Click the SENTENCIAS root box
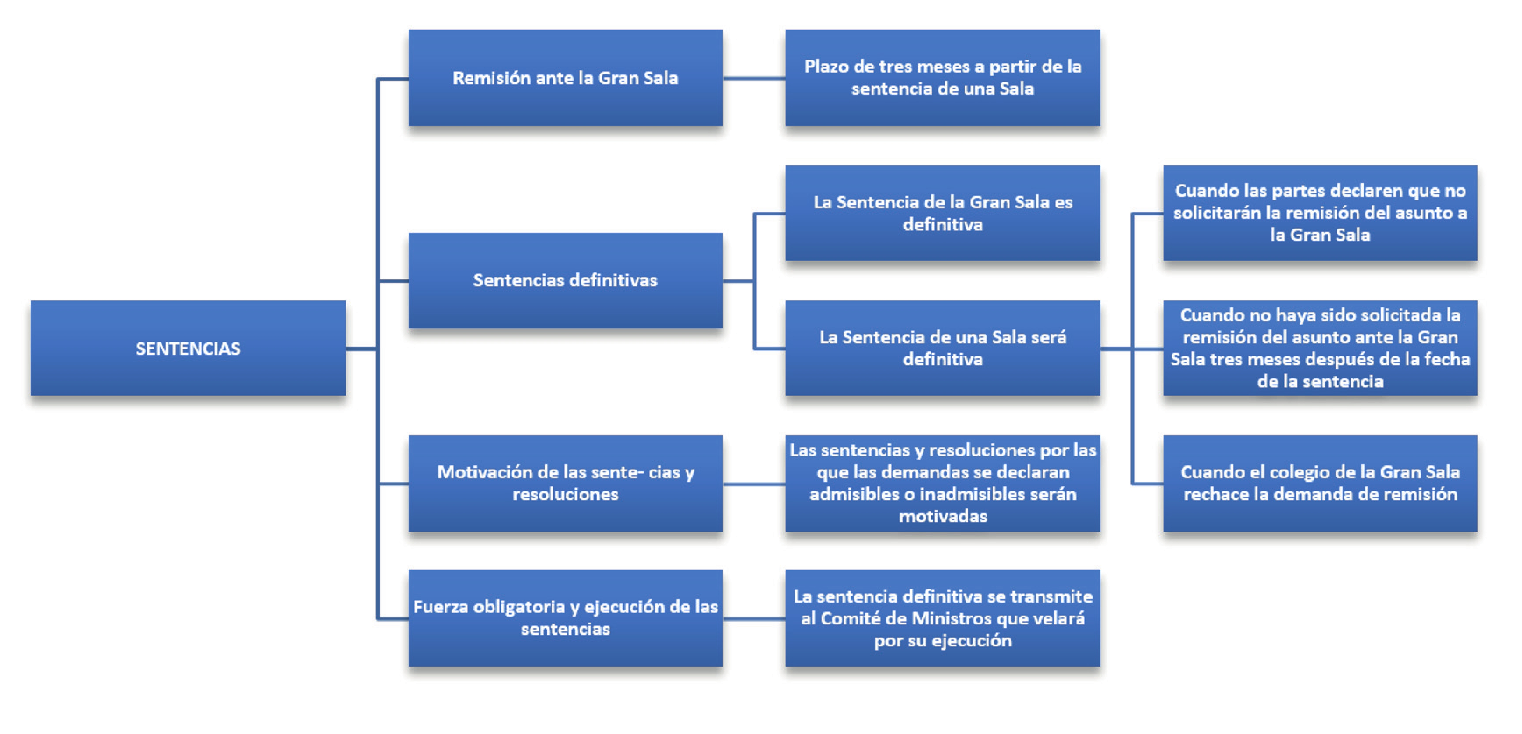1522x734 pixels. coord(188,348)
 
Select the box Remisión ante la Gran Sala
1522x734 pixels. coord(565,78)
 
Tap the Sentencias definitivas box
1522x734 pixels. coord(565,280)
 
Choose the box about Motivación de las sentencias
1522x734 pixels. coord(565,483)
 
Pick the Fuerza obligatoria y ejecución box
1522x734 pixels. coord(565,618)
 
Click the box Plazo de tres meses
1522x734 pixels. coord(942,78)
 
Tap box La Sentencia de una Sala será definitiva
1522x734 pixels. coord(942,348)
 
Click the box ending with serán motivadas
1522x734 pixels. coord(942,483)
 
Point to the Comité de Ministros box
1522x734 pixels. coord(942,618)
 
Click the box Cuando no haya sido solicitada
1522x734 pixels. coord(1320,348)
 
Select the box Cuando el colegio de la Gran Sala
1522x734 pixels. coord(1320,483)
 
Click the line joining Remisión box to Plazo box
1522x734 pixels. coord(754,78)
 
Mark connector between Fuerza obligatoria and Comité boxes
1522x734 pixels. coord(754,619)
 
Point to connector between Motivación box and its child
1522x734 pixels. coord(754,484)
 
